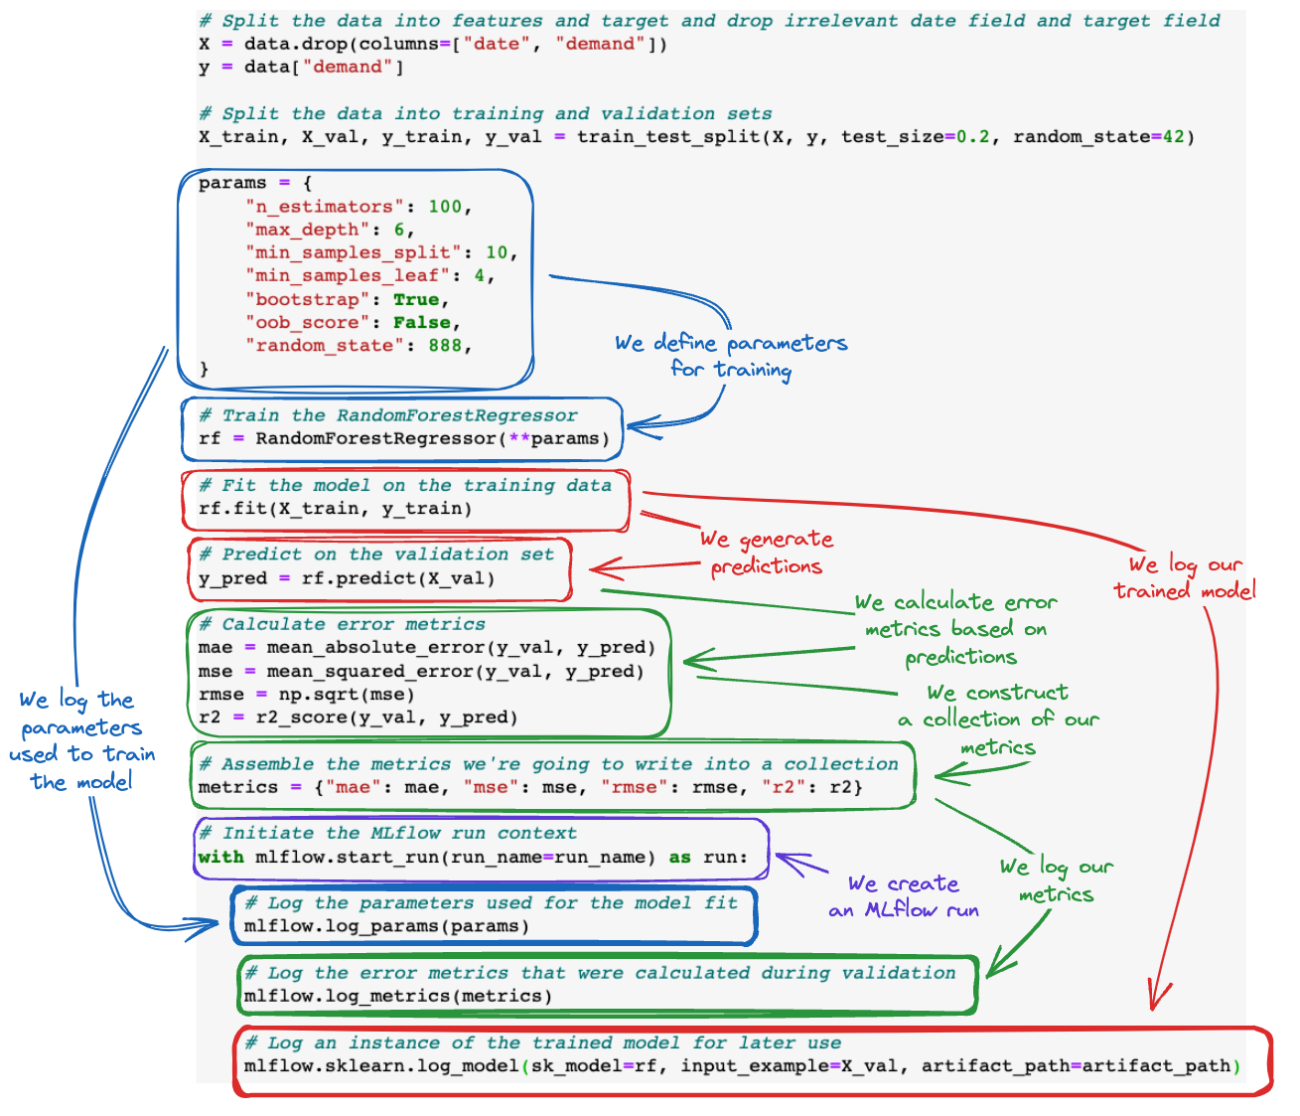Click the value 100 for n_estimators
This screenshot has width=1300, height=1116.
click(445, 207)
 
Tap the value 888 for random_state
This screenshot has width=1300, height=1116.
click(445, 346)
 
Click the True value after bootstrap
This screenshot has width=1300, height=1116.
click(416, 299)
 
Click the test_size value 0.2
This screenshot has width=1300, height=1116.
click(972, 136)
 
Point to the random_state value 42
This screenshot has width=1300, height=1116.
click(1173, 136)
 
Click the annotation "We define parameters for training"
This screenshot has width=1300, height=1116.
click(731, 356)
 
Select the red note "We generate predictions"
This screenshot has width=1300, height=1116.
click(766, 553)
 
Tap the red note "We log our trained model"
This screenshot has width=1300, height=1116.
click(1184, 577)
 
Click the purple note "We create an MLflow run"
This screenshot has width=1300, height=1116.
click(903, 896)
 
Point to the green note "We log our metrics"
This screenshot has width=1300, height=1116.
click(1056, 880)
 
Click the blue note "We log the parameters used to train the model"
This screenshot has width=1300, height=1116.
click(81, 740)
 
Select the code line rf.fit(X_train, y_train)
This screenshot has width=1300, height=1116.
click(335, 509)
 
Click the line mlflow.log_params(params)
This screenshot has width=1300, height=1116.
click(386, 926)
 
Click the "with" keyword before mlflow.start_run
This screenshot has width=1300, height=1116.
click(220, 857)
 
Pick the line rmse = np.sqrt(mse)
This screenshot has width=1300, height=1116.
click(306, 695)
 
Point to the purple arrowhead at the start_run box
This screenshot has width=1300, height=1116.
click(787, 860)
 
